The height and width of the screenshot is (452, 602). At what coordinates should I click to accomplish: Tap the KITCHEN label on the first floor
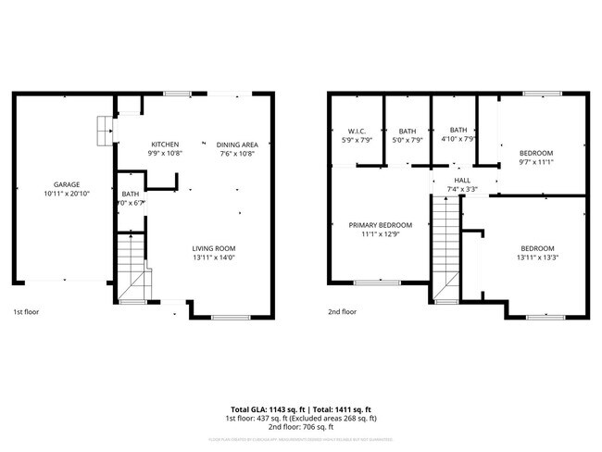[x=165, y=144]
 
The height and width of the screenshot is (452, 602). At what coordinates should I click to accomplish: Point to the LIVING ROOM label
[x=214, y=248]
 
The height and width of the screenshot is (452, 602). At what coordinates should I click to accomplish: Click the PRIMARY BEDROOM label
[x=380, y=225]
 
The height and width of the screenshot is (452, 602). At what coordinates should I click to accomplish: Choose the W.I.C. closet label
[x=358, y=131]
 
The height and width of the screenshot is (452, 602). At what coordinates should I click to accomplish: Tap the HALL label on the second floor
[x=463, y=180]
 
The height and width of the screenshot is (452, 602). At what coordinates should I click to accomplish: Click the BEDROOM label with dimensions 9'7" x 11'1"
[x=535, y=153]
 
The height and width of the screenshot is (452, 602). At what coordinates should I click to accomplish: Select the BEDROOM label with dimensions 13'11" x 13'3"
[x=536, y=248]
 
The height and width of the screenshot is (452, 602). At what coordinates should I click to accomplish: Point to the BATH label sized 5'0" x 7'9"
[x=408, y=131]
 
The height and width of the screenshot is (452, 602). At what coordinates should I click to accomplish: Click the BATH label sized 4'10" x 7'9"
[x=458, y=130]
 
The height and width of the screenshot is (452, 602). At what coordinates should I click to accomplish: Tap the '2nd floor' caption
[x=342, y=312]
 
